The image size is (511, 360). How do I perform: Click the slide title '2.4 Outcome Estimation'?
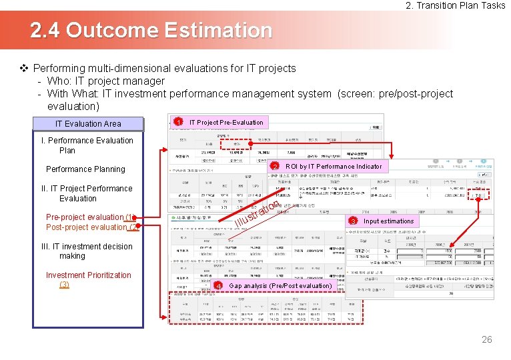[151, 31]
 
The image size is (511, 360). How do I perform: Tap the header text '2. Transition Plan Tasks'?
[456, 5]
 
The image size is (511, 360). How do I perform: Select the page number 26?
[486, 339]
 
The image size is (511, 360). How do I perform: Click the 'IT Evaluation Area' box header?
[88, 123]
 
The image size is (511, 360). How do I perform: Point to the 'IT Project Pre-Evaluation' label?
[226, 122]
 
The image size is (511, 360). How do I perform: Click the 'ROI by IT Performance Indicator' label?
[334, 166]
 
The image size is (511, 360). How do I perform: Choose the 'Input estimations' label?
[388, 221]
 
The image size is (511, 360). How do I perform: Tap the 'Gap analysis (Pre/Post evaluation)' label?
[280, 285]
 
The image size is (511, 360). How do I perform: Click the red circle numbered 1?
[178, 122]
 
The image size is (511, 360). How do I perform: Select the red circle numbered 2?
[274, 166]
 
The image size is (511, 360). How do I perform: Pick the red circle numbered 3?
[352, 221]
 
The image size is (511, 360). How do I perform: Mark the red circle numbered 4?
[219, 286]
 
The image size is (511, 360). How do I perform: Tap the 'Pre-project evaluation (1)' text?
[91, 217]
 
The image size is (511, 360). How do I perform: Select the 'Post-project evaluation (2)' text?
[92, 227]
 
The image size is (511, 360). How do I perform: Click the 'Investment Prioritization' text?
[88, 275]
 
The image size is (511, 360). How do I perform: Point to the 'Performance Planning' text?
[85, 169]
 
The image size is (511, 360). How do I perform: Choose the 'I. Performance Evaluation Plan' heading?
[87, 145]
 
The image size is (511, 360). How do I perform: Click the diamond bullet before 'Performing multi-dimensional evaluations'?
[24, 68]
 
